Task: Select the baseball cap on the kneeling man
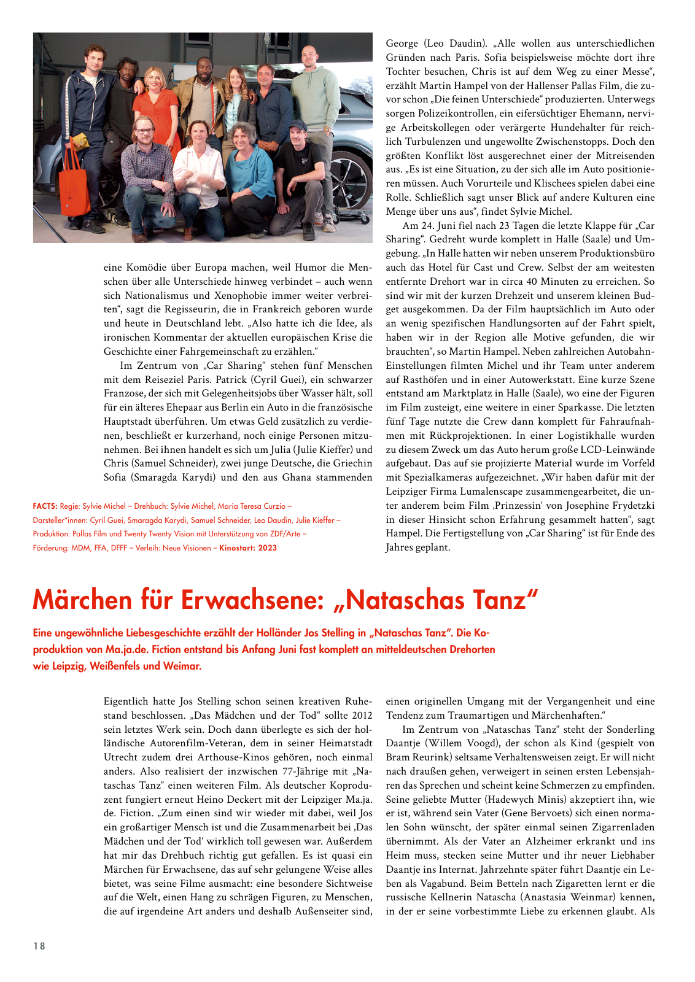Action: [297, 126]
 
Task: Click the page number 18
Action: [39, 946]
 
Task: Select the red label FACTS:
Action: [45, 506]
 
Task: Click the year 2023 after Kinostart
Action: [267, 547]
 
